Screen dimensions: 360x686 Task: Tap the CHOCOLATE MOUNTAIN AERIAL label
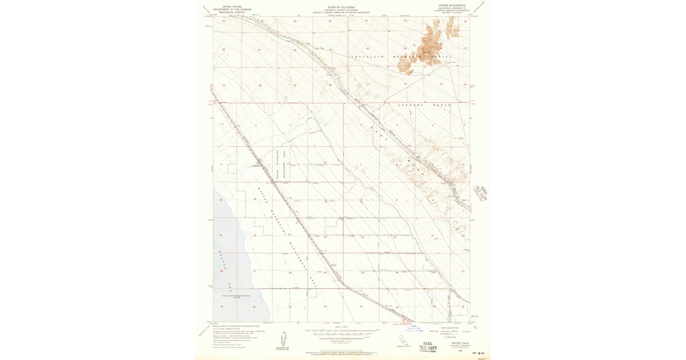(400, 57)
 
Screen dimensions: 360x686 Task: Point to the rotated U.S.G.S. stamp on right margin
(480, 193)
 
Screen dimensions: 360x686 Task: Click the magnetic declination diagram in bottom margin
(282, 339)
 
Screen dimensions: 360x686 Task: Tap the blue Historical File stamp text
(416, 329)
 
